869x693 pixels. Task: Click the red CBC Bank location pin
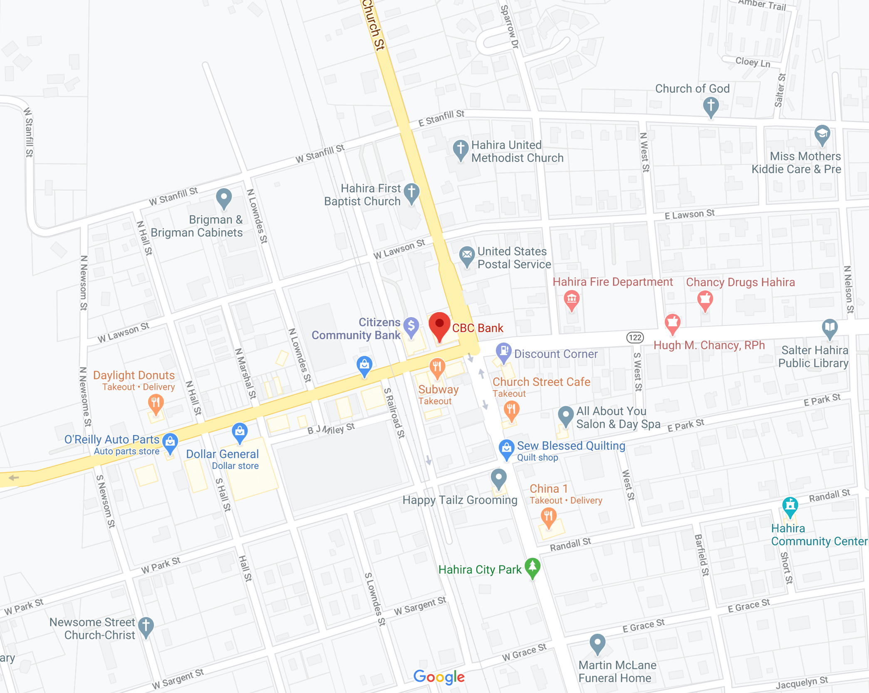(x=439, y=325)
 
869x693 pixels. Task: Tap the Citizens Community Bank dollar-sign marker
(x=411, y=326)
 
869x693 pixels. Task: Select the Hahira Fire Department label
(x=612, y=282)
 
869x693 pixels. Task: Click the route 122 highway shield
(x=635, y=337)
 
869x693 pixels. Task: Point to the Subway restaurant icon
(x=437, y=367)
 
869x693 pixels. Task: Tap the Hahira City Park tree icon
(x=532, y=567)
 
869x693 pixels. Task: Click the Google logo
(x=439, y=676)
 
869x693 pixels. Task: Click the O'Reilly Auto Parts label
(x=111, y=440)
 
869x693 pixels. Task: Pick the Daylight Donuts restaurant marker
(x=156, y=403)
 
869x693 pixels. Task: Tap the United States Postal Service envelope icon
(x=467, y=255)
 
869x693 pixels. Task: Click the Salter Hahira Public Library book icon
(x=829, y=327)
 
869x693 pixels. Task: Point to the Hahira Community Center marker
(x=790, y=506)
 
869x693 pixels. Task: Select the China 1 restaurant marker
(x=549, y=517)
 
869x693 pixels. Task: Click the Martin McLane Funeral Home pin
(x=597, y=643)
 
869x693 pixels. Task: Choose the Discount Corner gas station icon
(x=503, y=351)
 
